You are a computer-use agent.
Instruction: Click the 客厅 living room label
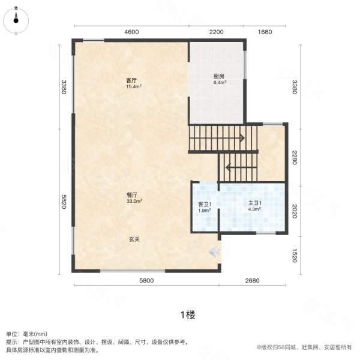click(x=131, y=80)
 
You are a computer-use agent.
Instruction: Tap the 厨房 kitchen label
click(x=218, y=76)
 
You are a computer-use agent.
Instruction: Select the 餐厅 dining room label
click(x=133, y=195)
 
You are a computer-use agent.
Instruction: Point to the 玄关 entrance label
click(x=134, y=239)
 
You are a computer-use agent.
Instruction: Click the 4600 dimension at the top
click(x=131, y=32)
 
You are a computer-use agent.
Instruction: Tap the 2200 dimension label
click(x=217, y=32)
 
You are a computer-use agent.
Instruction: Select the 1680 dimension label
click(x=266, y=32)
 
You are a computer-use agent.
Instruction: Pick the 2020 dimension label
click(x=294, y=211)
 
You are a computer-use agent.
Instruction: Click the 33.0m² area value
click(x=133, y=202)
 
